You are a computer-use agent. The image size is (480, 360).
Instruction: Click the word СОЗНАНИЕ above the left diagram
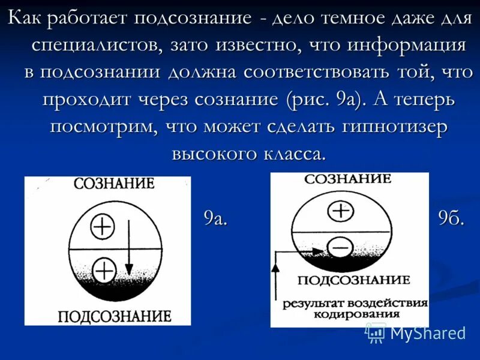[114, 184]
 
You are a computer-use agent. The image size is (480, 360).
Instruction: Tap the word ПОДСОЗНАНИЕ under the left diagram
[114, 316]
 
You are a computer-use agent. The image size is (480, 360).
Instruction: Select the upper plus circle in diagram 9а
[103, 226]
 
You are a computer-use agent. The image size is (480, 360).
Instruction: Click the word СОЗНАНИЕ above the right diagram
[347, 179]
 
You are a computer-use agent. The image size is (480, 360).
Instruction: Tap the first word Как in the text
[28, 18]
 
